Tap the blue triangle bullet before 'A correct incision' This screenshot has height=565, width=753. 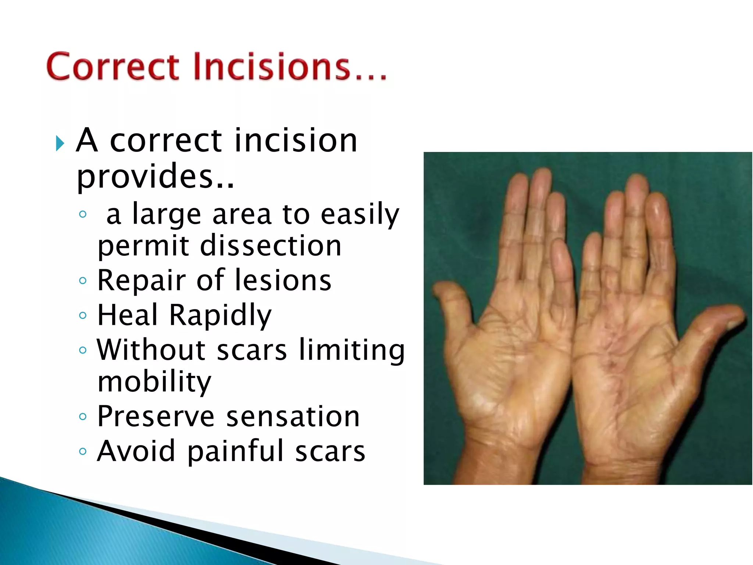pyautogui.click(x=60, y=143)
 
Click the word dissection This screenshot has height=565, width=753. pyautogui.click(x=271, y=246)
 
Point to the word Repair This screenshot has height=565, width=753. pyautogui.click(x=141, y=281)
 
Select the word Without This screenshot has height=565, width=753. pyautogui.click(x=151, y=350)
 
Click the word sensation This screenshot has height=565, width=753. pyautogui.click(x=293, y=417)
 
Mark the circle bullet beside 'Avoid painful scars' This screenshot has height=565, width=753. pyautogui.click(x=83, y=451)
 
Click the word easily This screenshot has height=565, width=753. pyautogui.click(x=359, y=214)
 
